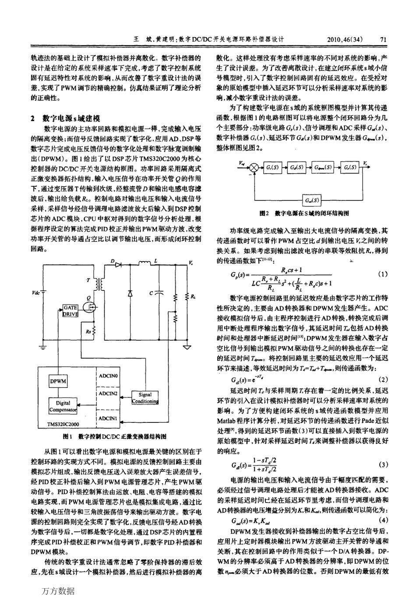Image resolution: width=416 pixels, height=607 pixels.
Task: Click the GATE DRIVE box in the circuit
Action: tap(71, 311)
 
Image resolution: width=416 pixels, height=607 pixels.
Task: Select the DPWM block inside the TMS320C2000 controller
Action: tap(58, 381)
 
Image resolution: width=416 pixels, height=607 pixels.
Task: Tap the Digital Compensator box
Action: tap(63, 406)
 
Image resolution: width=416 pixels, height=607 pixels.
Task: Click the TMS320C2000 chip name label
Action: tap(63, 424)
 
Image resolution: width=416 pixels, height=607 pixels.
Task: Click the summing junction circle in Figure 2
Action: tap(254, 167)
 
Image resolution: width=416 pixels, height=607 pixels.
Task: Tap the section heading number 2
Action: tap(32, 119)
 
